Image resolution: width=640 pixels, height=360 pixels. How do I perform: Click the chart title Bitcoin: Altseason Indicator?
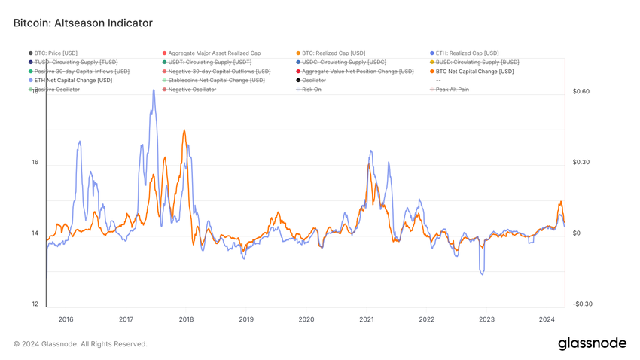[x=83, y=23]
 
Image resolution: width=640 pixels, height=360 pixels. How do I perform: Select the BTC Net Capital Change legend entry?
[x=474, y=72]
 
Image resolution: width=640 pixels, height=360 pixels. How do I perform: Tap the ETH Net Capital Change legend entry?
[x=73, y=81]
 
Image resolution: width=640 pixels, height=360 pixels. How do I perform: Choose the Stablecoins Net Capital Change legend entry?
[x=216, y=81]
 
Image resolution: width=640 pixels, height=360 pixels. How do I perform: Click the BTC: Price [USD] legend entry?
[x=56, y=53]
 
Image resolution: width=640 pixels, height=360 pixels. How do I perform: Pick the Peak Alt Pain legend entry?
[x=453, y=90]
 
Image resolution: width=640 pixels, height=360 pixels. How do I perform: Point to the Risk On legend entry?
[x=312, y=90]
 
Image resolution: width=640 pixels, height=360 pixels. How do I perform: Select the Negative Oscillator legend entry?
[x=192, y=90]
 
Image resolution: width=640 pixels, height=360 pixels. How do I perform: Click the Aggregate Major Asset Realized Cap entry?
[x=215, y=53]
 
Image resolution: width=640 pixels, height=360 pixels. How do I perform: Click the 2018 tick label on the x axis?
[x=186, y=319]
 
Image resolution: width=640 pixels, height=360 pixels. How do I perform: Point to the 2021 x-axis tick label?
[x=367, y=319]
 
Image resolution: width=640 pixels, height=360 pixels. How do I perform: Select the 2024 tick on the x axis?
[x=547, y=319]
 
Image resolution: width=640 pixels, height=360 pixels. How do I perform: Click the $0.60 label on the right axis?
[x=581, y=92]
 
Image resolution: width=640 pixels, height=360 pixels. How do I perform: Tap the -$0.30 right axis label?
[x=582, y=304]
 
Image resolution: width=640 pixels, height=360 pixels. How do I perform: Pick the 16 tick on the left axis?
[x=35, y=163]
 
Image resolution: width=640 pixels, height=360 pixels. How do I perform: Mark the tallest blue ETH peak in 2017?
[x=154, y=90]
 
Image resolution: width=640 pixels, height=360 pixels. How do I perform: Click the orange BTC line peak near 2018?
[x=184, y=130]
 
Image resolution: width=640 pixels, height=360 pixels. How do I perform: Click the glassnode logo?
[x=592, y=343]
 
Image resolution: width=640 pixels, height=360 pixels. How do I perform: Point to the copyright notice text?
[x=81, y=344]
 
